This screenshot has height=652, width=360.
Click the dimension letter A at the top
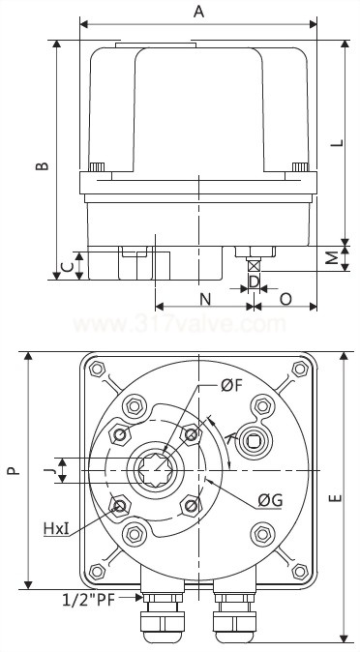click(199, 11)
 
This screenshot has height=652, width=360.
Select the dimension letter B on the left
click(42, 165)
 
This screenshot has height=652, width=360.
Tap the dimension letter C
click(65, 266)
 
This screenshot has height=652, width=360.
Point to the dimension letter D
click(254, 282)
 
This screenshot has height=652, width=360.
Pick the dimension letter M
click(331, 258)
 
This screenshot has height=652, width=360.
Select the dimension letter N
click(205, 298)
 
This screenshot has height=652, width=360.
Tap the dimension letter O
click(286, 298)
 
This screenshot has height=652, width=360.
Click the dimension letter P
click(13, 471)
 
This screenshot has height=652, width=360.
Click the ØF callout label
click(231, 386)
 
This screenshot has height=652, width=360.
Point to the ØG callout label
click(270, 500)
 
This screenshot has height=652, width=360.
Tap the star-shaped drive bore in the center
click(158, 471)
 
